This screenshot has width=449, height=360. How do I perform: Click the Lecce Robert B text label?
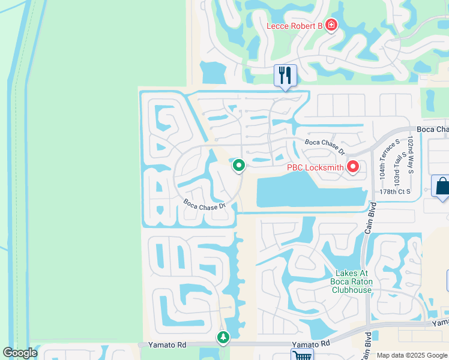(295, 25)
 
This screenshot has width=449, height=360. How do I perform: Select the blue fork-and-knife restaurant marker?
(285, 75)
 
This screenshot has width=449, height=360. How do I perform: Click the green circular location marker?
(239, 165)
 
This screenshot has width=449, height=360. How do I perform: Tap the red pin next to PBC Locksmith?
(353, 167)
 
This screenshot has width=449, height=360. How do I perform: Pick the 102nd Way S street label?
(411, 155)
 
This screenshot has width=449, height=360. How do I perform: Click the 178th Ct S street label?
(394, 191)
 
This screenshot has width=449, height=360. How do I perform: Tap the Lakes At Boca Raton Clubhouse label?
(352, 281)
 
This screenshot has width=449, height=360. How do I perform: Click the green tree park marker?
(223, 338)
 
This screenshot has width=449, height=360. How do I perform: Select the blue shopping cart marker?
(302, 355)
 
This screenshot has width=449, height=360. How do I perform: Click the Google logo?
(19, 353)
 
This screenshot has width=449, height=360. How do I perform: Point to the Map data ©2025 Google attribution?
(412, 355)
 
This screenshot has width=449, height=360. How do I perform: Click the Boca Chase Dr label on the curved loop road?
(204, 204)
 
